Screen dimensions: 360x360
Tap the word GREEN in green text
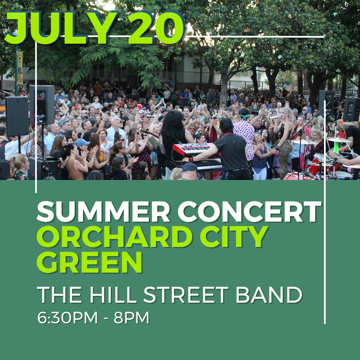pyautogui.click(x=90, y=262)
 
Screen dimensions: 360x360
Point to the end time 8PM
pyautogui.click(x=131, y=318)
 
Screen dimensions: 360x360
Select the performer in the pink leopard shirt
pyautogui.click(x=245, y=133)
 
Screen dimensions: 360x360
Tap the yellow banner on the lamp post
pyautogui.click(x=20, y=68)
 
